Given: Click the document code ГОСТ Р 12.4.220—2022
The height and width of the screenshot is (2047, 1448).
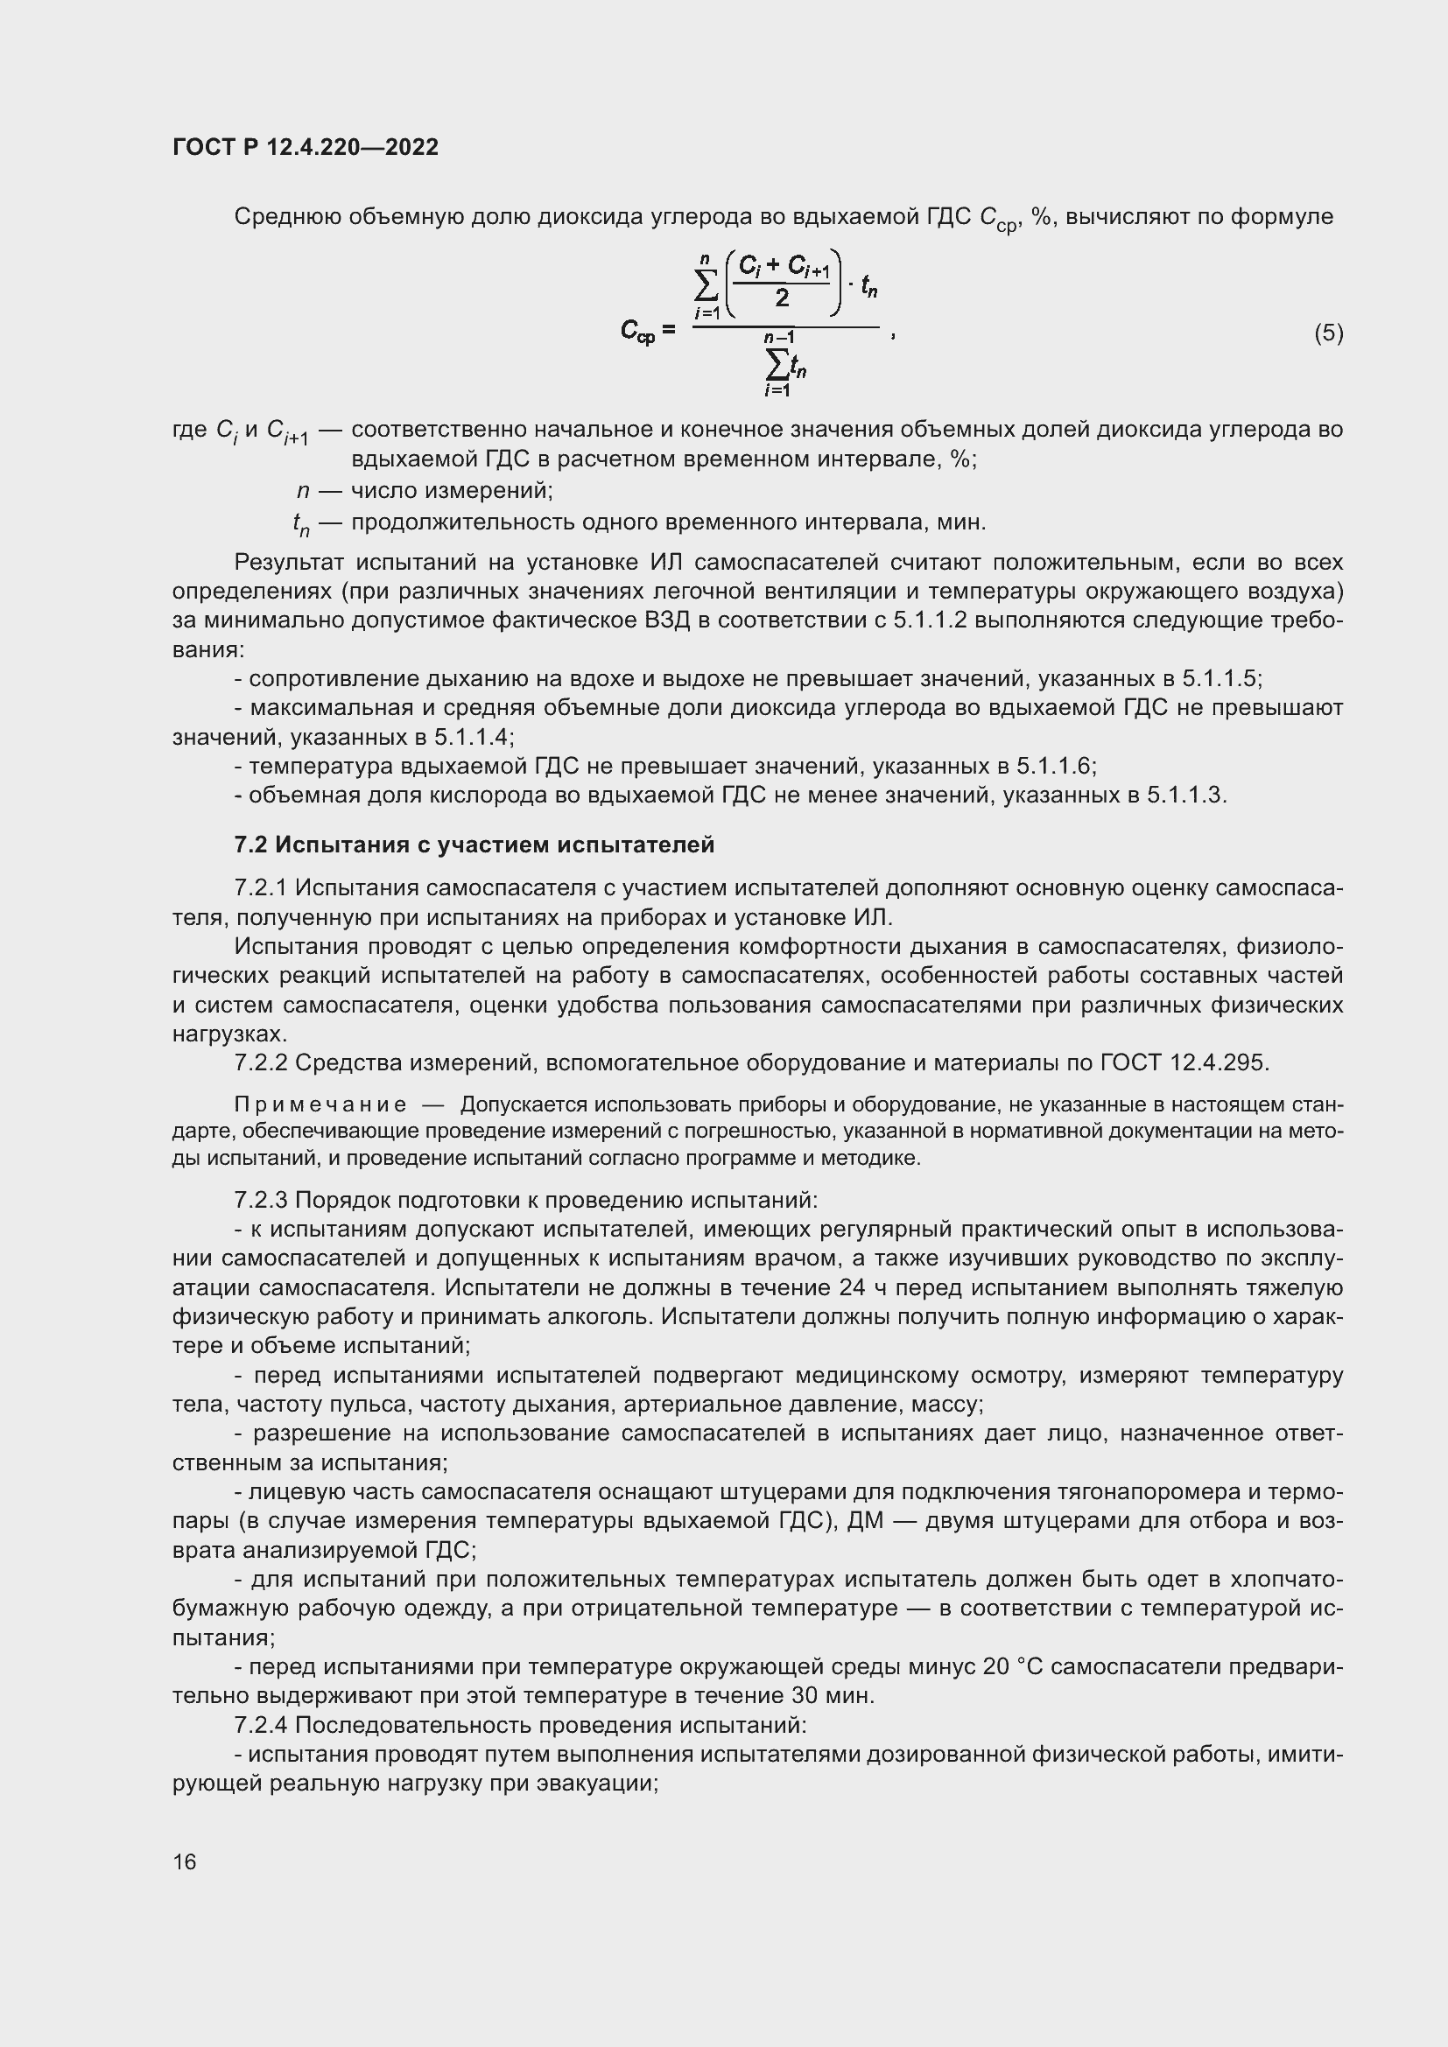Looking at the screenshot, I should [305, 147].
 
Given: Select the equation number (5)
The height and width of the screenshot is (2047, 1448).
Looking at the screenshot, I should [1328, 333].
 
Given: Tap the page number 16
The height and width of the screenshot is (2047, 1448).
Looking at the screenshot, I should [185, 1861].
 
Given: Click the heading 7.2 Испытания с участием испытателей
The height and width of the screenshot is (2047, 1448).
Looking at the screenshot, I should [474, 845].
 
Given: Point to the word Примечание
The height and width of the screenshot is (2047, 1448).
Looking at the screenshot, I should [320, 1104].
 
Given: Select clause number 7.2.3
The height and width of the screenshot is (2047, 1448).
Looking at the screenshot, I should [261, 1200].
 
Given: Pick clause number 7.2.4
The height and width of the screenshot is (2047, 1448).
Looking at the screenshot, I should [261, 1725].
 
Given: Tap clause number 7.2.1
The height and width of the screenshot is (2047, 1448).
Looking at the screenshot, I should [261, 888].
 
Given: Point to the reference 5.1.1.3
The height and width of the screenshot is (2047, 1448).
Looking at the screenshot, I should [1185, 795].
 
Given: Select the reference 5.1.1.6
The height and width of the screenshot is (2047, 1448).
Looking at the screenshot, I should [1054, 766].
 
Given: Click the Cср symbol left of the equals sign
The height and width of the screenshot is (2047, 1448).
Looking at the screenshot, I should [637, 332].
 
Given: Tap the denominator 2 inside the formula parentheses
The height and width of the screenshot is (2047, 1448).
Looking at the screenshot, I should [782, 298].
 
